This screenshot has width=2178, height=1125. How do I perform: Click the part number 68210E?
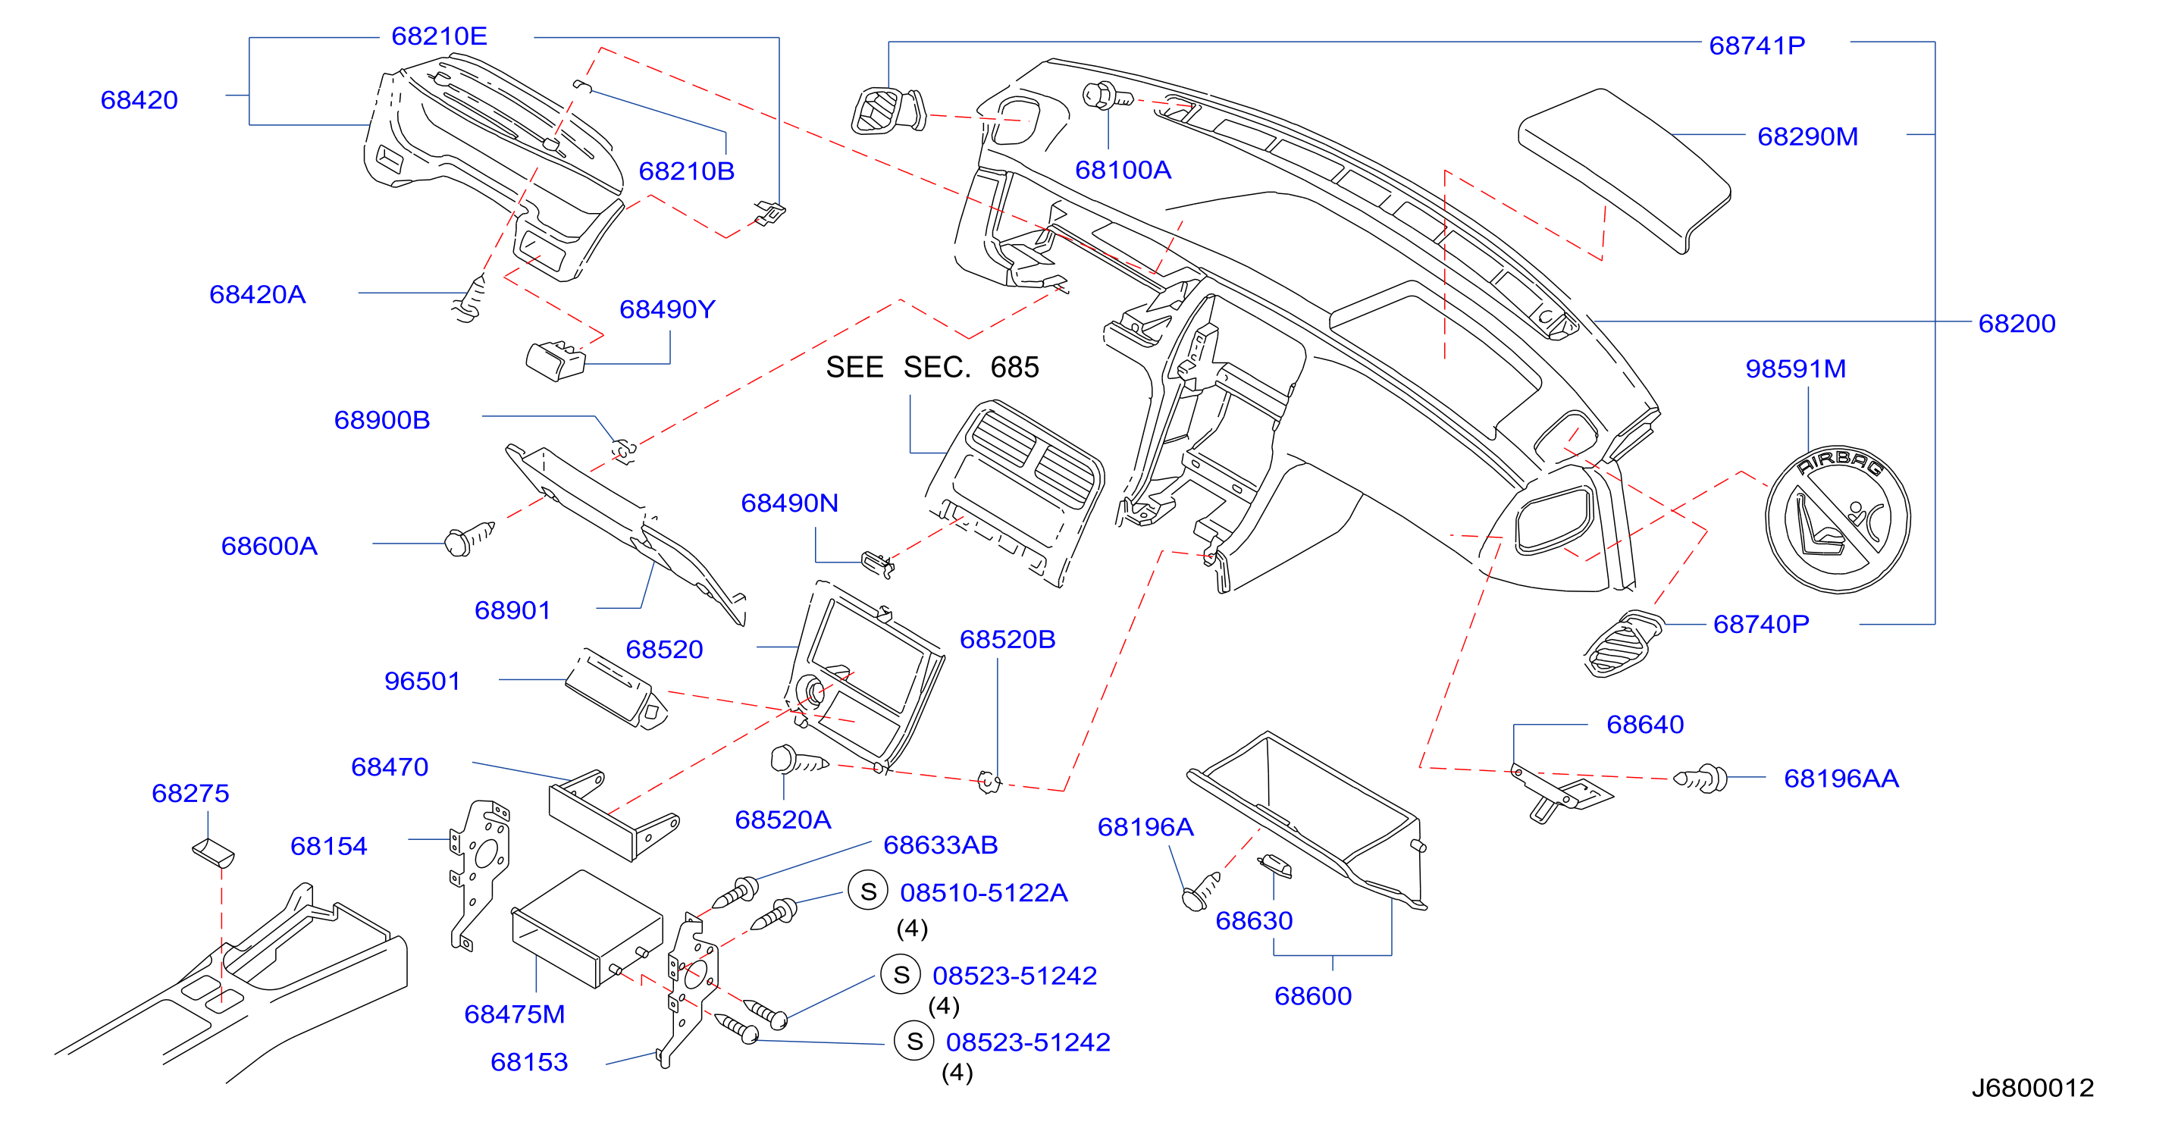[x=439, y=36]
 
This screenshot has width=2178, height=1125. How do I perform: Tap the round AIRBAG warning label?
[x=1838, y=519]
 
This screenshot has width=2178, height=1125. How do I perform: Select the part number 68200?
[x=2017, y=323]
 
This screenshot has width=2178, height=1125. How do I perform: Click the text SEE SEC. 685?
[x=932, y=367]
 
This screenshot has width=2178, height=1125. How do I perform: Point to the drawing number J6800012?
[x=2032, y=1087]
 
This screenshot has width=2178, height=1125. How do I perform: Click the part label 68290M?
[x=1808, y=136]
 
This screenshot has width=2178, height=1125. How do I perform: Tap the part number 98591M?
[x=1796, y=368]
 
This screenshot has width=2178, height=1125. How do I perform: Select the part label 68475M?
[x=514, y=1014]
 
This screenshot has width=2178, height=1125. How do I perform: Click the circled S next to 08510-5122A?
[x=868, y=892]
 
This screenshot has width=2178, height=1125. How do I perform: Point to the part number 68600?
[x=1313, y=995]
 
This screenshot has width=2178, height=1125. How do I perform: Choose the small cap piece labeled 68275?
[x=214, y=853]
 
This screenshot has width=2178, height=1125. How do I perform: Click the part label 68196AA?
[x=1841, y=779]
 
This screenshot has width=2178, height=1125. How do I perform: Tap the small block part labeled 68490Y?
[x=556, y=361]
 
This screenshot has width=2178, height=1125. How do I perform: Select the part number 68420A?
[x=257, y=294]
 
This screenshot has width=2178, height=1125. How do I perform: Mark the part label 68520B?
[x=1007, y=639]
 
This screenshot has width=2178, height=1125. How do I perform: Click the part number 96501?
[x=422, y=682]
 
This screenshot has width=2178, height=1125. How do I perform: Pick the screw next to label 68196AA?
[x=1701, y=779]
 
